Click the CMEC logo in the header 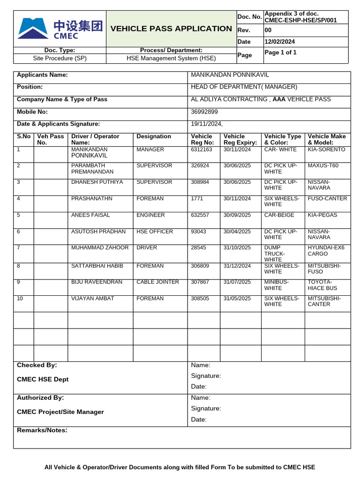coord(60,28)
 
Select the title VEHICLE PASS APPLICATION coord(171,29)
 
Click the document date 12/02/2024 coord(280,42)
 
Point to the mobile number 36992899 coord(204,112)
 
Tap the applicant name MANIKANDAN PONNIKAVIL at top coord(230,75)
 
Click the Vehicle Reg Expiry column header coord(240,139)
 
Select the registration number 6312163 coord(202,150)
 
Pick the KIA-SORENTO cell coord(326,150)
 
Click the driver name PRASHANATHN coord(92,199)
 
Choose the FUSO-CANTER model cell coord(327,199)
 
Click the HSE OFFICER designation coord(155,232)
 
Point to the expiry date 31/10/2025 coord(237,247)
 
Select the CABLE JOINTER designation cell coord(157,282)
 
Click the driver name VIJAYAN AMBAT coord(92,299)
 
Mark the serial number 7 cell coord(18,247)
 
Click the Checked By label coord(37,365)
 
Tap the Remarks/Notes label coord(42,430)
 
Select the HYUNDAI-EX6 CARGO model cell coord(326,251)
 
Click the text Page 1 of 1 coord(280,52)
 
